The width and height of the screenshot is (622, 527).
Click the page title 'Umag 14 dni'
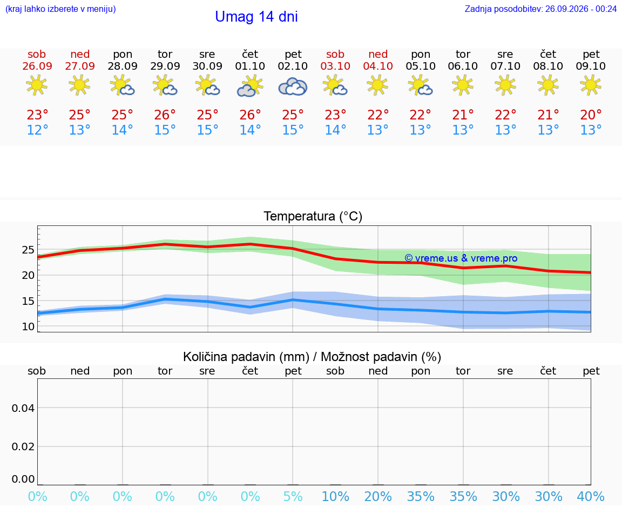pos(256,17)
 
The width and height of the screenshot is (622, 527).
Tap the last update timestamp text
pos(540,9)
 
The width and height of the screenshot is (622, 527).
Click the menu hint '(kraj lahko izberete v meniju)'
pos(60,9)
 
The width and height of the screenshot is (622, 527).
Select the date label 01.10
pos(250,66)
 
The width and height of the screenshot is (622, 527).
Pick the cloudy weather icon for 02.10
pos(293,86)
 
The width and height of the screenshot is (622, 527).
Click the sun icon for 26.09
pos(37,85)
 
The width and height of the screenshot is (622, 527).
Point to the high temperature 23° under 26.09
pos(37,115)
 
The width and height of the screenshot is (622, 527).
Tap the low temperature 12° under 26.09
pos(37,130)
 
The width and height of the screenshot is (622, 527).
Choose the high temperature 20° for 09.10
pos(591,115)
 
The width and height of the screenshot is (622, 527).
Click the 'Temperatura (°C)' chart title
pos(313,216)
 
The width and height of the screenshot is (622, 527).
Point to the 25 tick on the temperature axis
pos(28,250)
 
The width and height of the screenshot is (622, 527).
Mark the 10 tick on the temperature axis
pos(28,326)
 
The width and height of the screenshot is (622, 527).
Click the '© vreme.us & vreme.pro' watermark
pos(461,258)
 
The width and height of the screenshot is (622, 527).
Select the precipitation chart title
pos(312,357)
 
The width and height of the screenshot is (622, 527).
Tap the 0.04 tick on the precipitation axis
pos(23,408)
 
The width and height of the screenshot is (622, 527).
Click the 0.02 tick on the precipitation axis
pos(23,447)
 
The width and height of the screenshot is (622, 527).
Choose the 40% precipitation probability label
pos(591,496)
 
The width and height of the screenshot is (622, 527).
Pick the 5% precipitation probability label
pos(293,496)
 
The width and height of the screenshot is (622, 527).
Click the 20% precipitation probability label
pos(377,496)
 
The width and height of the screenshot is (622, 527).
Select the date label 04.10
pos(378,66)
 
